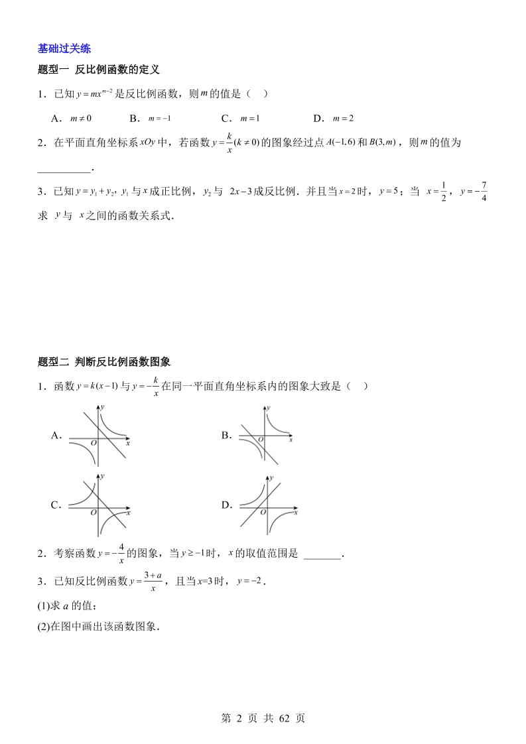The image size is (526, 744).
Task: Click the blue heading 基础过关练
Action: click(64, 48)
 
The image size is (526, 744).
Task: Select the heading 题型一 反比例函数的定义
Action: click(99, 70)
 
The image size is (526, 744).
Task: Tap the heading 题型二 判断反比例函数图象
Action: click(105, 362)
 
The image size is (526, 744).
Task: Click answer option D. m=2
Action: click(334, 118)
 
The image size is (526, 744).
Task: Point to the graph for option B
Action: click(265, 436)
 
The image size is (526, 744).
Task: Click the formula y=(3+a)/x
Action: click(141, 582)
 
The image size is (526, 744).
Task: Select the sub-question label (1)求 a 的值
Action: click(68, 605)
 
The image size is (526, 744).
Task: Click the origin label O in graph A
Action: click(94, 443)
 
